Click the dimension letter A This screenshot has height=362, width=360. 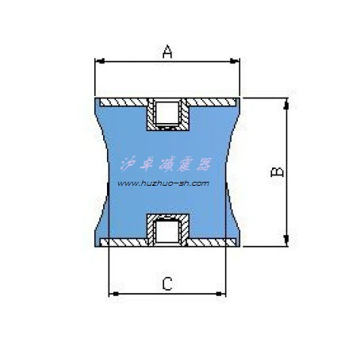(x=167, y=52)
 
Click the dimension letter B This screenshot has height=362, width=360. (x=278, y=171)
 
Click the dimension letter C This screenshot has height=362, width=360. (x=167, y=283)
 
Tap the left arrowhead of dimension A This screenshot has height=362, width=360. (x=100, y=61)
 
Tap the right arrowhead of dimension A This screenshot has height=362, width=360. (x=235, y=61)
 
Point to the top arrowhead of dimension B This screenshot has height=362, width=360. (x=286, y=104)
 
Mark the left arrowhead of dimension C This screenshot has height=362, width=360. (x=114, y=294)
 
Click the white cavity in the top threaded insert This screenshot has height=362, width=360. (x=167, y=113)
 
